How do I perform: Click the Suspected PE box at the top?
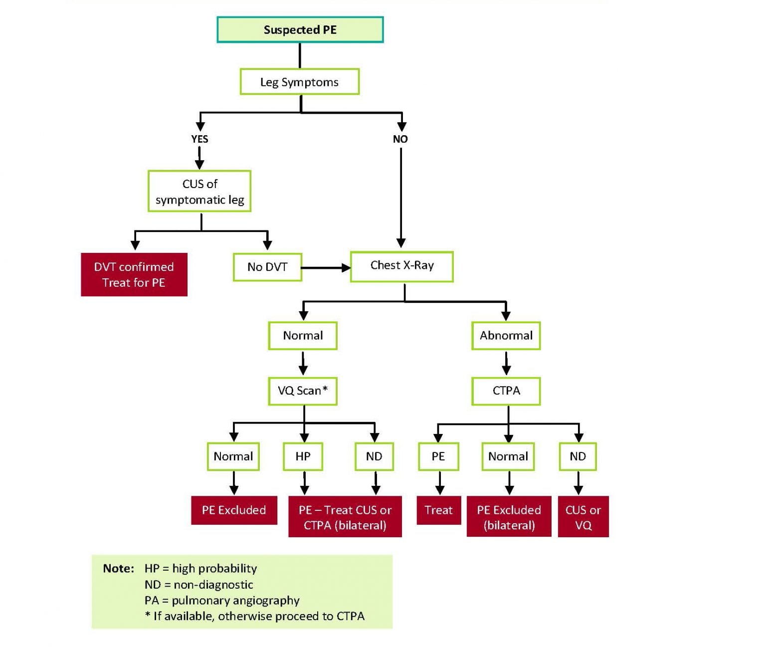[300, 30]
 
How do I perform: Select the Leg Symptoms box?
[299, 82]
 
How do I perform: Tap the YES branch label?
[199, 139]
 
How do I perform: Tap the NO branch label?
[400, 139]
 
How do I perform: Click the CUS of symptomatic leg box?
[199, 192]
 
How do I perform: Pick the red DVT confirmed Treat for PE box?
[134, 274]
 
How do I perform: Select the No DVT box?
[267, 267]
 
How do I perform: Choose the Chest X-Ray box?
[402, 266]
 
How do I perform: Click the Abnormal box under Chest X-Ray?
[506, 336]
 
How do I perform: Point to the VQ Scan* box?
[303, 391]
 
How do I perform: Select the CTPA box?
[506, 391]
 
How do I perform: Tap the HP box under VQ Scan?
[303, 456]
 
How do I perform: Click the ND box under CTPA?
[577, 456]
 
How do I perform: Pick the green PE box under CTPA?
[438, 456]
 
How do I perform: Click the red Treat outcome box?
[438, 510]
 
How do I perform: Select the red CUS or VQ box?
[583, 517]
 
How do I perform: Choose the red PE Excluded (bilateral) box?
[509, 517]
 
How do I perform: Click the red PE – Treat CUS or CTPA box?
[345, 517]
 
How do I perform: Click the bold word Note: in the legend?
[118, 569]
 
